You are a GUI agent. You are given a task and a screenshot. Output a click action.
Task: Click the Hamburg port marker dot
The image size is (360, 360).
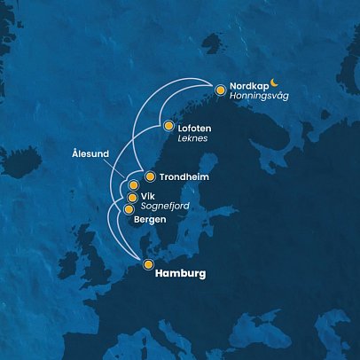(x=148, y=264)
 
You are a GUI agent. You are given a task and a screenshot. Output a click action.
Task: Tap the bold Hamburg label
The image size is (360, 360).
(x=180, y=274)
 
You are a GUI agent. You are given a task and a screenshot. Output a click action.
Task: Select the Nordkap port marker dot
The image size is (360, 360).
(x=220, y=90)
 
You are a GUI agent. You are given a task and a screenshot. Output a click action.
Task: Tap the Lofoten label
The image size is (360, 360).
(x=196, y=127)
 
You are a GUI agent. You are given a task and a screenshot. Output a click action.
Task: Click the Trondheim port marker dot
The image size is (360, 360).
(x=149, y=176)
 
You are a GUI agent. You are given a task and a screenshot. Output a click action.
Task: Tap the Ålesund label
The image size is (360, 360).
(x=90, y=153)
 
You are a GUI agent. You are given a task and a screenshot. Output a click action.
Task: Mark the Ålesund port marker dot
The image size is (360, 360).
(x=134, y=185)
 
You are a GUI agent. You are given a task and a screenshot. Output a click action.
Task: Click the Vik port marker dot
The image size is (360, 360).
(x=132, y=198)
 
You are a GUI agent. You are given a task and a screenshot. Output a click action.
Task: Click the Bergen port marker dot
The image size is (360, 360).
(x=129, y=209)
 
